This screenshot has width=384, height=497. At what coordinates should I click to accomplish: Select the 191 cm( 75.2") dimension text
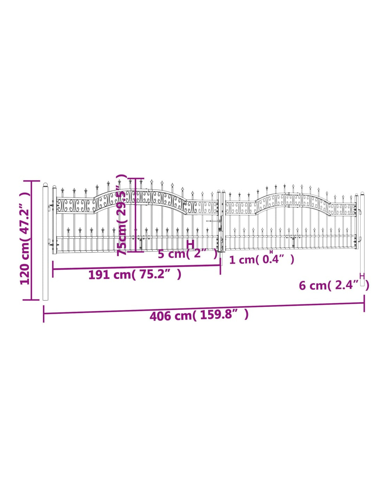(x=135, y=275)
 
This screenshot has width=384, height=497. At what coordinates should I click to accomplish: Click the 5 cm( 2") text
(x=187, y=254)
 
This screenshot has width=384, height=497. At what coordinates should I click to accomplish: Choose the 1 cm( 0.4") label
(x=261, y=260)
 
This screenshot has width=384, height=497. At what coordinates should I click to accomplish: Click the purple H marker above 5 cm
(x=190, y=244)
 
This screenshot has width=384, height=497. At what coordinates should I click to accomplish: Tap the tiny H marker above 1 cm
(x=271, y=252)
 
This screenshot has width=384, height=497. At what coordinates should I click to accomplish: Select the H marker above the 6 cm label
(x=362, y=276)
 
